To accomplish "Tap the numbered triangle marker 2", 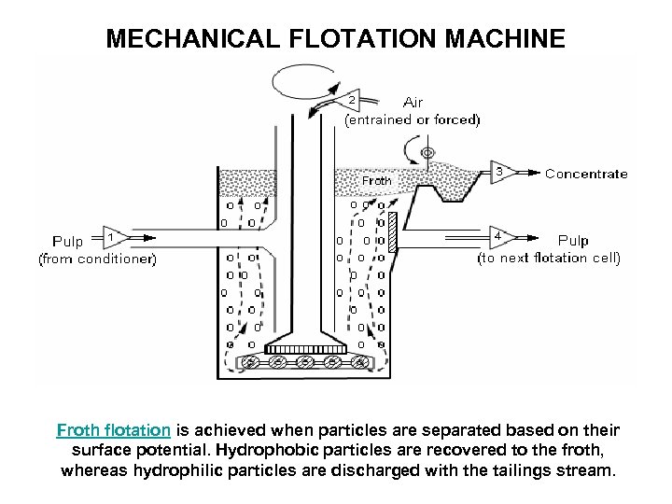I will [349, 99].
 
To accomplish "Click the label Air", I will [414, 102].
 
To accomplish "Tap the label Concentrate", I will [586, 174].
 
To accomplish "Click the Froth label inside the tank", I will [377, 180].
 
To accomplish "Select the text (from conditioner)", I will [97, 259].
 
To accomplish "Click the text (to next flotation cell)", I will [549, 259].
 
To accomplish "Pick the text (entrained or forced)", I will [413, 119].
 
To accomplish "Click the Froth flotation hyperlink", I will [113, 430].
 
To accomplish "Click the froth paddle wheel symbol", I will [427, 152].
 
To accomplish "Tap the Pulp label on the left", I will [67, 242].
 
